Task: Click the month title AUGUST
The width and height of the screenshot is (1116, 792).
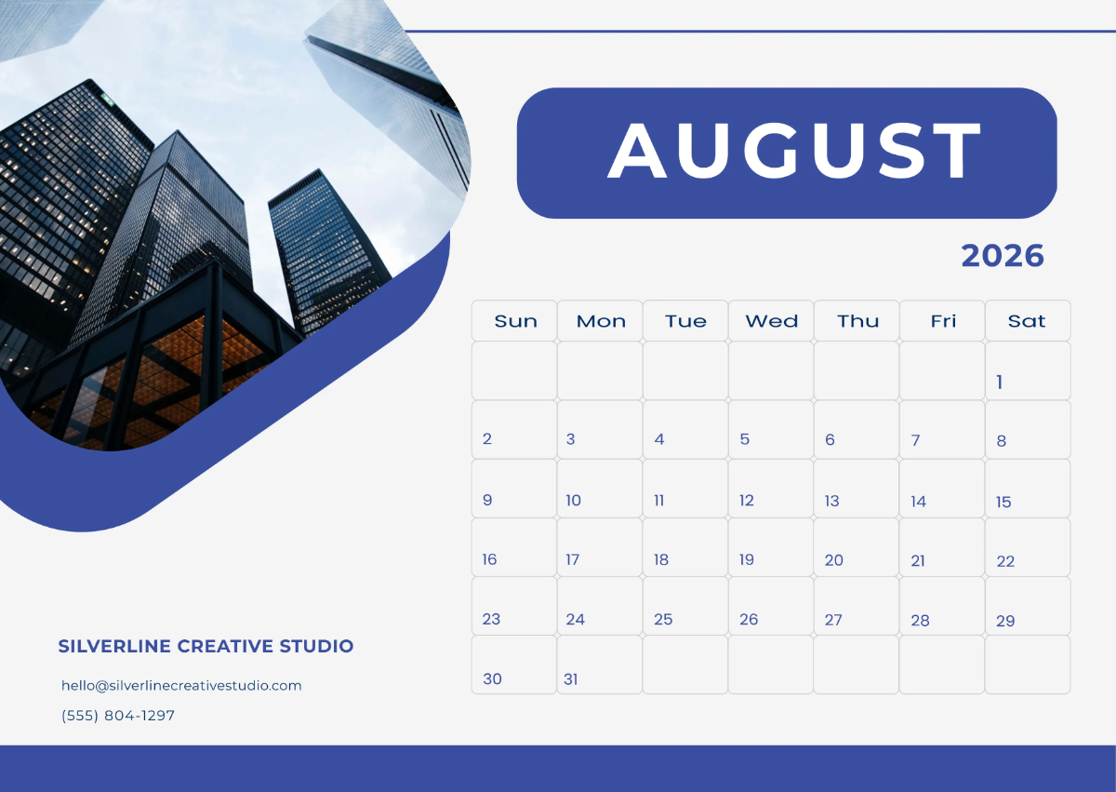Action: pyautogui.click(x=794, y=151)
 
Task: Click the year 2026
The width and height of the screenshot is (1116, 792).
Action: pyautogui.click(x=1002, y=255)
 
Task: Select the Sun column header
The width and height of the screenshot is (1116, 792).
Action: pyautogui.click(x=515, y=321)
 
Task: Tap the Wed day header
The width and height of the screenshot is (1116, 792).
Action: pyautogui.click(x=771, y=321)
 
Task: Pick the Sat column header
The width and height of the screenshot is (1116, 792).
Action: pyautogui.click(x=1027, y=321)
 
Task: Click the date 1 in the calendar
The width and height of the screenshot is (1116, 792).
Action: pyautogui.click(x=1000, y=382)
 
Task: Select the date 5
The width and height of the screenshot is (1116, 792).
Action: pyautogui.click(x=745, y=439)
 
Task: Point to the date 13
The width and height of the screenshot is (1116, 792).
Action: pyautogui.click(x=831, y=501)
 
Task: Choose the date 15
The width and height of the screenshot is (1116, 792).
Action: pyautogui.click(x=1003, y=503)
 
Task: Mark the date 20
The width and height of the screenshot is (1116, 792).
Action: pyautogui.click(x=833, y=560)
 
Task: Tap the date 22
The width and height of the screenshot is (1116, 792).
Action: pyautogui.click(x=1005, y=561)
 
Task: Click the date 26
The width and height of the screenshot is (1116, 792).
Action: pyautogui.click(x=749, y=619)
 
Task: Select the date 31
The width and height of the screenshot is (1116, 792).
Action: pyautogui.click(x=571, y=679)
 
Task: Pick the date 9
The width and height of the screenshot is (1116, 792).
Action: pyautogui.click(x=487, y=500)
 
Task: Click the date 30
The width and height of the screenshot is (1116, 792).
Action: pyautogui.click(x=492, y=679)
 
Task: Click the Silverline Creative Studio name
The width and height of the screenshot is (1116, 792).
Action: pyautogui.click(x=206, y=646)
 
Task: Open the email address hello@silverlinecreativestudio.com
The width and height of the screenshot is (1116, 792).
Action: pyautogui.click(x=181, y=685)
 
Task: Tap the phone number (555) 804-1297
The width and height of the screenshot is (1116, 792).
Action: pyautogui.click(x=118, y=716)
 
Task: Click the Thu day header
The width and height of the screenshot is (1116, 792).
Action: pyautogui.click(x=857, y=321)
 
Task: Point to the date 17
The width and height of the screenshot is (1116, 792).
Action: pyautogui.click(x=573, y=559)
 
